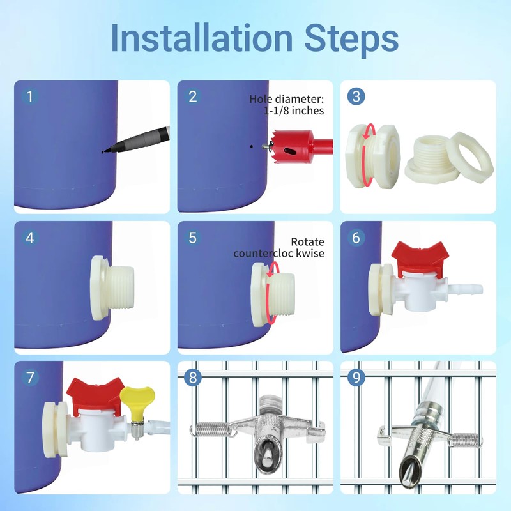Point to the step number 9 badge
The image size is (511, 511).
click(x=356, y=378)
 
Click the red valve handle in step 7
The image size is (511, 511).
click(x=95, y=392)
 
